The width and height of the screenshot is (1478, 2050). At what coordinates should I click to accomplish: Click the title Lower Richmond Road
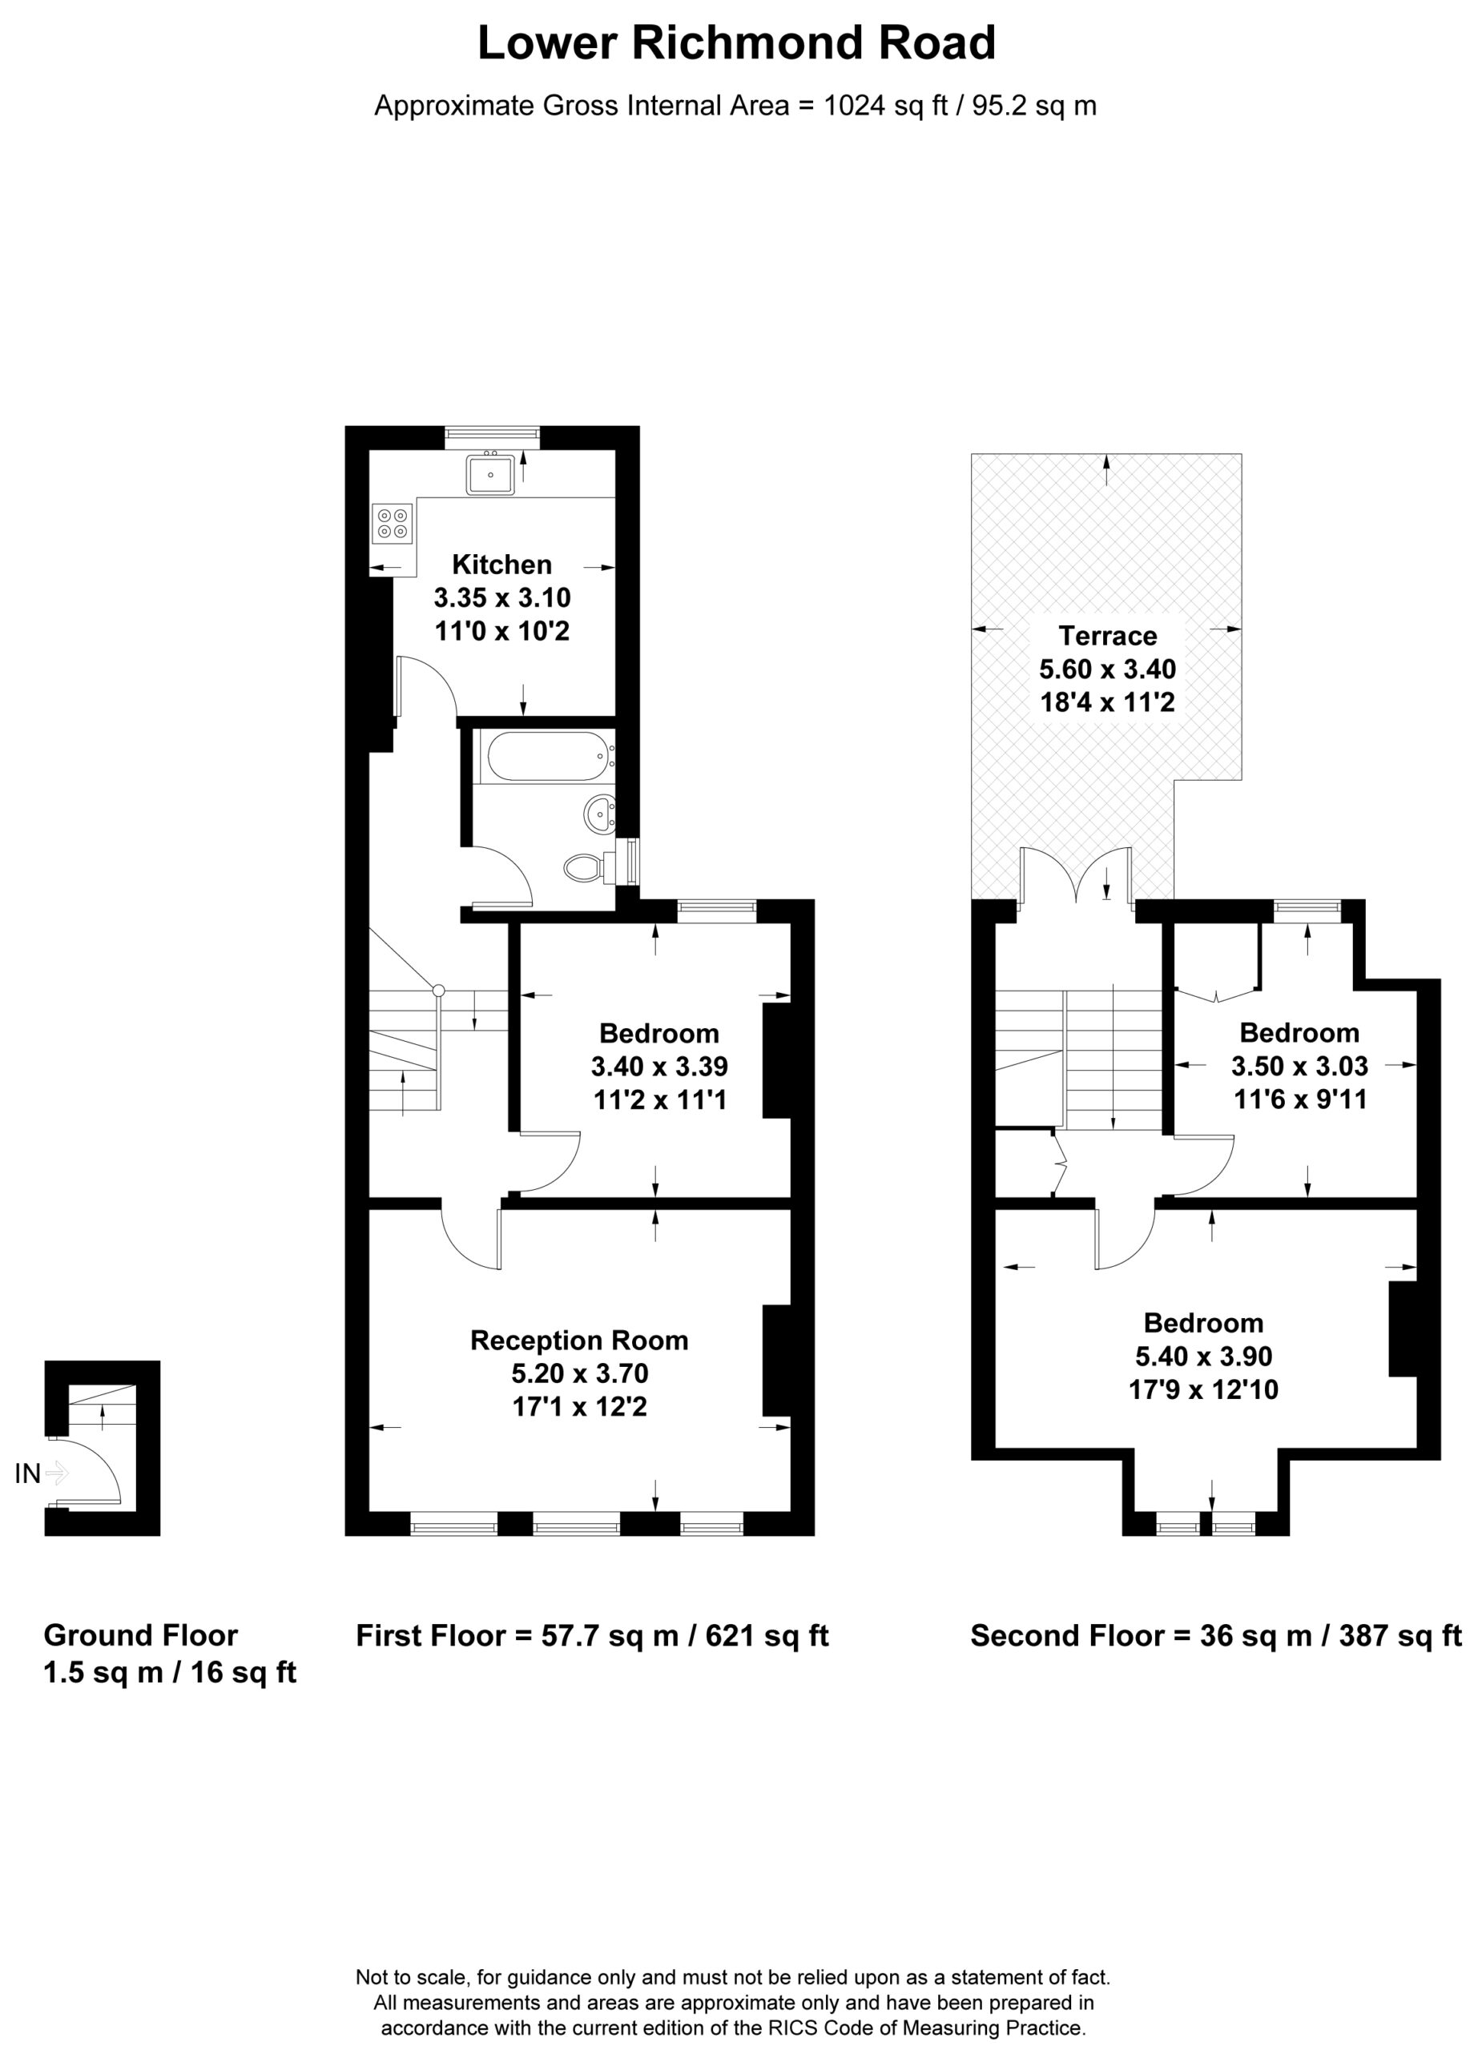pos(737,43)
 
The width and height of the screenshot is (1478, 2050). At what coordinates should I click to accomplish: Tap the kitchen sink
pos(490,473)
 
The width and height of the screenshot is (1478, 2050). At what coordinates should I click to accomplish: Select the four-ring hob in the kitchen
pos(393,524)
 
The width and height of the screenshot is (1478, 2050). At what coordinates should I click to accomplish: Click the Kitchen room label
pos(501,565)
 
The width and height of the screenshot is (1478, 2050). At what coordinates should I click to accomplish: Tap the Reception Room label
pos(579,1340)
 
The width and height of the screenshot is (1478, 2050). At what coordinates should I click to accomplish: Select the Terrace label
pos(1107,636)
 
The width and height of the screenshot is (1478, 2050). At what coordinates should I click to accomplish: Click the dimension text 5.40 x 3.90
pos(1203,1356)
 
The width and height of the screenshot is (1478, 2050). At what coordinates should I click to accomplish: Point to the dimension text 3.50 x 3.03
pos(1299,1066)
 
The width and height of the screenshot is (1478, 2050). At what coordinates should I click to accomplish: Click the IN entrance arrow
pos(55,1474)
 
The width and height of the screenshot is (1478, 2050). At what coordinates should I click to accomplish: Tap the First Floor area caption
pos(592,1635)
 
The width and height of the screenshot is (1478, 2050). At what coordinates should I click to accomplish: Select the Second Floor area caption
pos(1216,1635)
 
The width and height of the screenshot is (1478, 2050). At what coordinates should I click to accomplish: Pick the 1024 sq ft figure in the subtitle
pos(886,106)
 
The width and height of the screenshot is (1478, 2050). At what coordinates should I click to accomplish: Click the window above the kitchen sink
pos(493,437)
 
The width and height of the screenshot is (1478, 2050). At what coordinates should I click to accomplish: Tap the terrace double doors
pos(1076,875)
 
